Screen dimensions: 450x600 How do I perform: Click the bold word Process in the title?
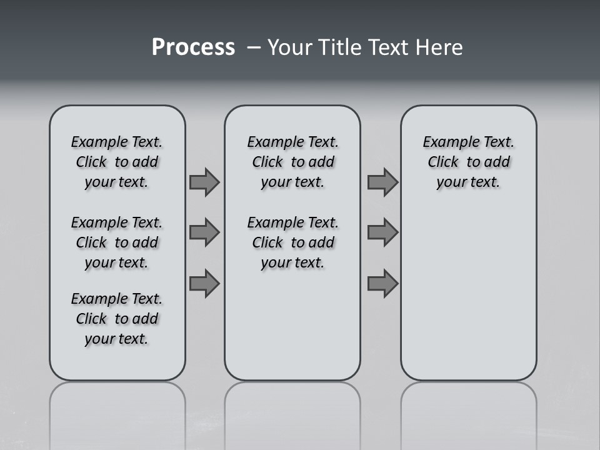[193, 47]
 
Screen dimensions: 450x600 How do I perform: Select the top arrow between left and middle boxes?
[204, 182]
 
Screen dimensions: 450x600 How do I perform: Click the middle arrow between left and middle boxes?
[204, 232]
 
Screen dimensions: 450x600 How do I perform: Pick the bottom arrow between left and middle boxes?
[204, 284]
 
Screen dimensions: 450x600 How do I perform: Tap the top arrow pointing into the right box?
[382, 182]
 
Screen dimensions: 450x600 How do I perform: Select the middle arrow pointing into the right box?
[382, 232]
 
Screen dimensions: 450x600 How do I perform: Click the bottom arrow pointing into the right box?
[382, 284]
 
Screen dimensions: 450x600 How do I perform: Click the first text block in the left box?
[117, 162]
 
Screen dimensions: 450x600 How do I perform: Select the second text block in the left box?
[117, 242]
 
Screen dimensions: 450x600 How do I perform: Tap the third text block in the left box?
[117, 319]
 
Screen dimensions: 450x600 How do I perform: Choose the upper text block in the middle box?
[292, 162]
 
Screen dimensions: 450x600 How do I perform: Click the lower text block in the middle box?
[292, 242]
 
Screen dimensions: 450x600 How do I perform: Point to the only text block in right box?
[468, 162]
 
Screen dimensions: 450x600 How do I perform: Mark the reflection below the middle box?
[292, 412]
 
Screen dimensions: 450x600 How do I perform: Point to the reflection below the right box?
[468, 412]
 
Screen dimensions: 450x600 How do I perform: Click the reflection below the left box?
[117, 412]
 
